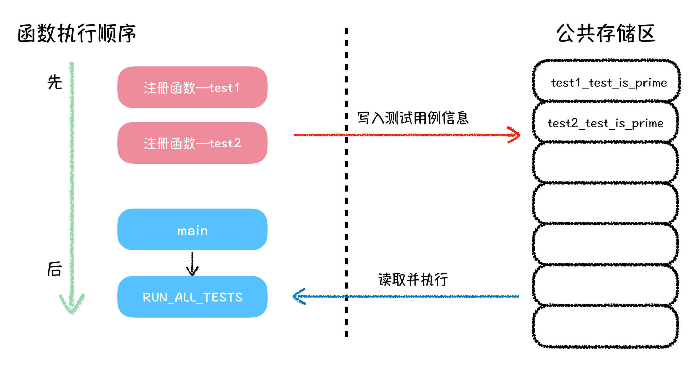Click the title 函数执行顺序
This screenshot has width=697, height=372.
click(x=77, y=33)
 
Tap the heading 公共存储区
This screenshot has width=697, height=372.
click(x=606, y=33)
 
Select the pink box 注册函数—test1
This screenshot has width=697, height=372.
click(x=192, y=87)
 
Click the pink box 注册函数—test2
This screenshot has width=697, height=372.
click(x=192, y=143)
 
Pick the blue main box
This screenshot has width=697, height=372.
click(x=192, y=230)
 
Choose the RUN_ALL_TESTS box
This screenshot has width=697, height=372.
click(x=192, y=297)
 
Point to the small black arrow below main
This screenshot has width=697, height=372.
click(x=192, y=264)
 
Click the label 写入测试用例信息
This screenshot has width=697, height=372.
click(x=413, y=118)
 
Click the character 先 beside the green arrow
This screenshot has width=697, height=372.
click(x=55, y=82)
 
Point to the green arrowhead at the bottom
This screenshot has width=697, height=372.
click(x=72, y=305)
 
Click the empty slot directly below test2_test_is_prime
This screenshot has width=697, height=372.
click(x=606, y=162)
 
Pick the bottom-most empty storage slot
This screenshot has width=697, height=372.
click(x=606, y=326)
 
